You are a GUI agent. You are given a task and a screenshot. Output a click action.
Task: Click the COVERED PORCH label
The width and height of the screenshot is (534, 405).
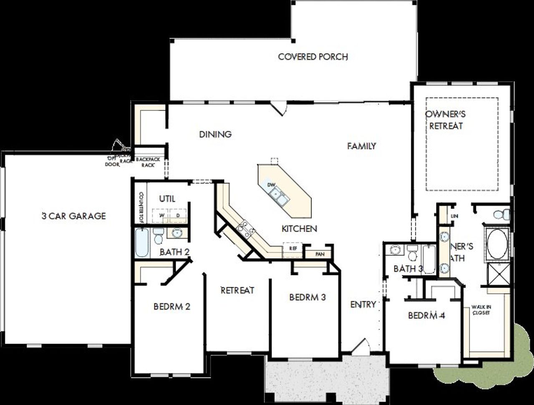(313, 57)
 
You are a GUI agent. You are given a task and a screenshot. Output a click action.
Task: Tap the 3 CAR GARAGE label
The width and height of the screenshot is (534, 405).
(74, 216)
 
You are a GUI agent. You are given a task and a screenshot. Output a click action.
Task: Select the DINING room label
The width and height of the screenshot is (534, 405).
(215, 134)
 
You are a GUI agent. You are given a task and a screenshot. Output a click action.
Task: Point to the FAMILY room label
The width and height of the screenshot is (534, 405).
(362, 146)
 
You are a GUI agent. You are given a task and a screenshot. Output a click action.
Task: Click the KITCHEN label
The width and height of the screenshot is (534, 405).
(299, 229)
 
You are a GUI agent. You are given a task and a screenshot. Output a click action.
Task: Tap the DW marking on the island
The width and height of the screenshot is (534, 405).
(271, 185)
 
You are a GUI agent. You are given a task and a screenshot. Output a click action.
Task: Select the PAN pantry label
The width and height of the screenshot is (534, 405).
(320, 254)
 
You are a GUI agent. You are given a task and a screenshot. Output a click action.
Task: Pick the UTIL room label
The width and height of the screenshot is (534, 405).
(167, 199)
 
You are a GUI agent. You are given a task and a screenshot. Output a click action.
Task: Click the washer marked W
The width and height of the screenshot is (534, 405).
(161, 215)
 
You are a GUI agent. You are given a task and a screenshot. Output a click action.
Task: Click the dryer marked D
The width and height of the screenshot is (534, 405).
(178, 215)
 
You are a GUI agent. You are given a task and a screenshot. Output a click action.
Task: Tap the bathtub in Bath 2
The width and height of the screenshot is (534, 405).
(141, 243)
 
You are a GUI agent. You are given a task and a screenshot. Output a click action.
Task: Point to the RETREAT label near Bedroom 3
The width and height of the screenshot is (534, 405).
(237, 290)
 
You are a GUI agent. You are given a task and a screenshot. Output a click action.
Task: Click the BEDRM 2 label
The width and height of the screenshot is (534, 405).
(172, 307)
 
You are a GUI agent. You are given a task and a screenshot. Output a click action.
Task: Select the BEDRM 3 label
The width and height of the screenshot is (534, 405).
(307, 297)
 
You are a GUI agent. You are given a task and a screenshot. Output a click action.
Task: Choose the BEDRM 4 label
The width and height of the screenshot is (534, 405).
(426, 316)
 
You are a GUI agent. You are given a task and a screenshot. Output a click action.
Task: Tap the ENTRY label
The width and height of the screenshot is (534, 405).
(363, 304)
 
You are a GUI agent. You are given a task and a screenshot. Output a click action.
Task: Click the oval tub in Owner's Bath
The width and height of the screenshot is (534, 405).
(497, 244)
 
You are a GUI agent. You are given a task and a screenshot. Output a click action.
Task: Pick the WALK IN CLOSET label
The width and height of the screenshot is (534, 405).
(481, 310)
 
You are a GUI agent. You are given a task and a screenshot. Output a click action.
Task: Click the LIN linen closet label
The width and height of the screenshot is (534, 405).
(454, 216)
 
